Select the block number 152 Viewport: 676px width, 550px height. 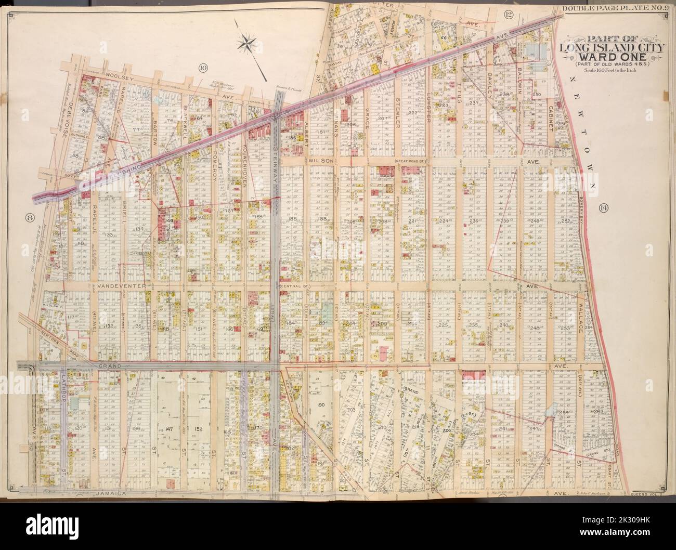pos(199,429)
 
